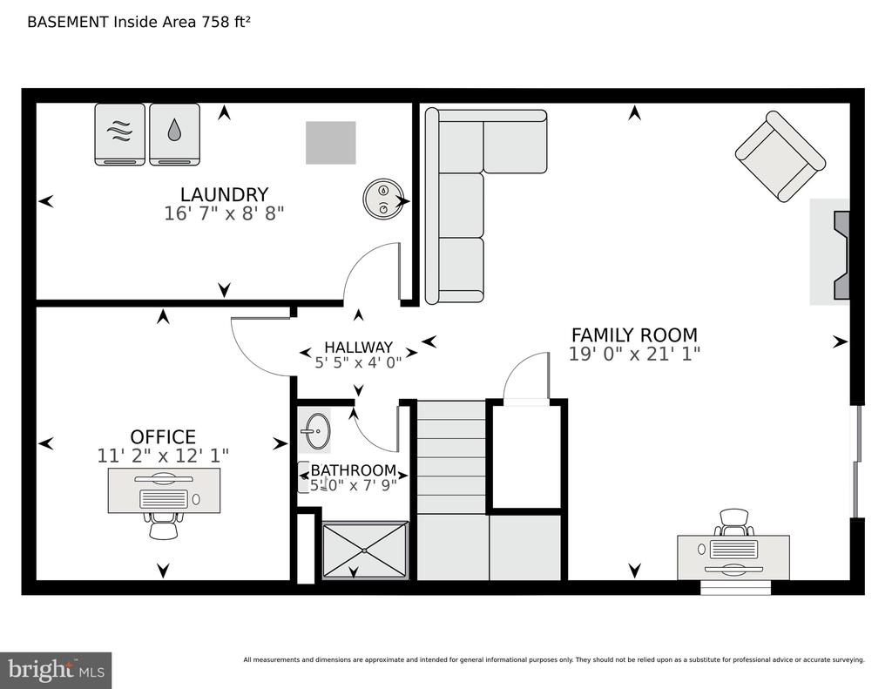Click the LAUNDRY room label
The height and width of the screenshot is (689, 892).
224,194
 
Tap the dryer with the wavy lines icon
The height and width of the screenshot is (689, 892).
120,134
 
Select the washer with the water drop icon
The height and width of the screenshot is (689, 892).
174,134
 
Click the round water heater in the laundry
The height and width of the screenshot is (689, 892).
383,198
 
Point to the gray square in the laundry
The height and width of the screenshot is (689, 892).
330,143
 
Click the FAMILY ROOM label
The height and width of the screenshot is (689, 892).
634,334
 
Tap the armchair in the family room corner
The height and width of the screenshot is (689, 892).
780,157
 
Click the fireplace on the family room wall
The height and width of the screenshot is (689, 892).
830,252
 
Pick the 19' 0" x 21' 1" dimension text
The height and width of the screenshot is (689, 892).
634,354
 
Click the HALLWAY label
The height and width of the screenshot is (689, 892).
358,347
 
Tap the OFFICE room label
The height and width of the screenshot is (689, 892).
163,437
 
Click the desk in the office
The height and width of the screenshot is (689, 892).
165,490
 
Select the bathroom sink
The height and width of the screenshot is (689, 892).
315,431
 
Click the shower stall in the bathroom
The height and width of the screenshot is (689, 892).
366,551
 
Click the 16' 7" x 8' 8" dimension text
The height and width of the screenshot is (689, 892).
224,213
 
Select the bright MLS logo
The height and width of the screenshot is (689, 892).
56,670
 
